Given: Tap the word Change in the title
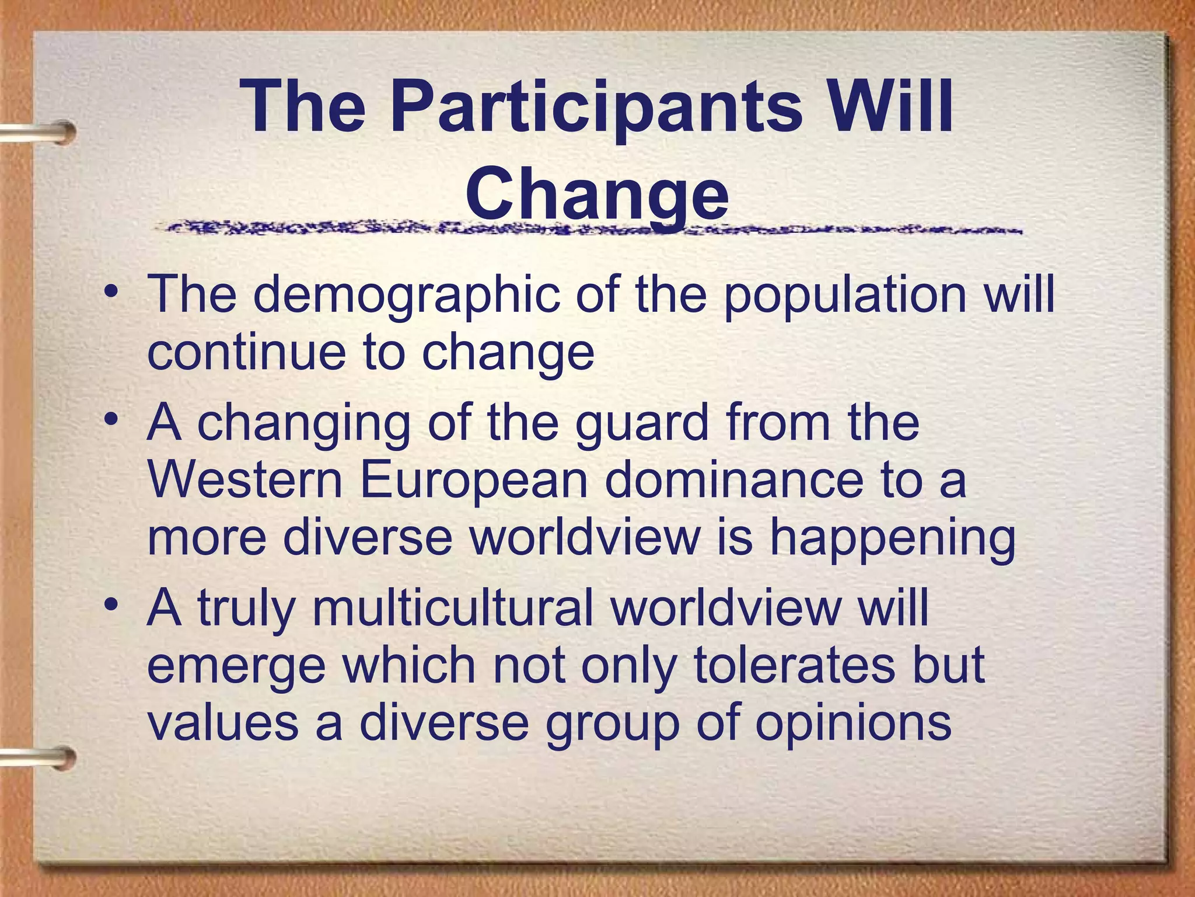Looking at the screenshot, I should pos(597,193).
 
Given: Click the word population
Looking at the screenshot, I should pos(845,295).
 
